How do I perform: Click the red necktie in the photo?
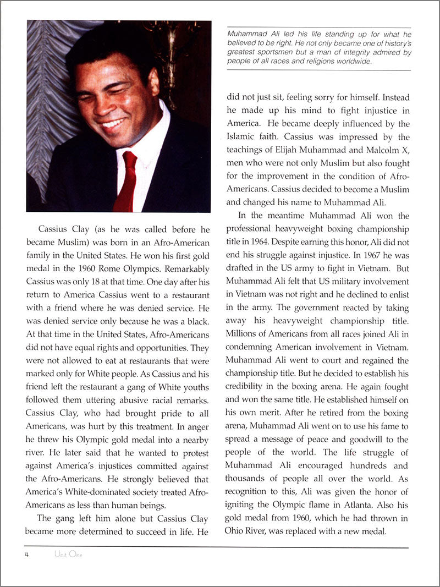(127, 182)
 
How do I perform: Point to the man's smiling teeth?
(113, 123)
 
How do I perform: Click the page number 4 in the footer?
(26, 555)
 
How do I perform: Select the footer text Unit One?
(68, 555)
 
